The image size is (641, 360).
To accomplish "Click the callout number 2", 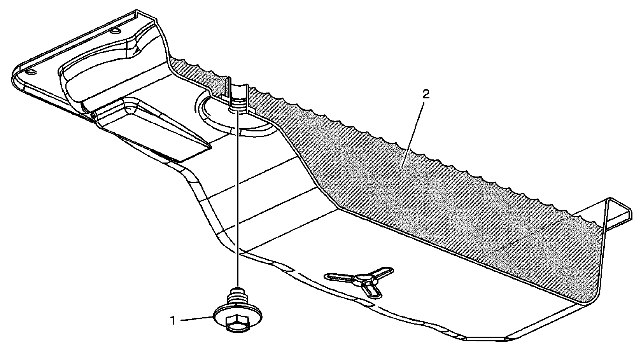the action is pos(426,94).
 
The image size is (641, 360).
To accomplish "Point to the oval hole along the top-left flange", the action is pos(116,30).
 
